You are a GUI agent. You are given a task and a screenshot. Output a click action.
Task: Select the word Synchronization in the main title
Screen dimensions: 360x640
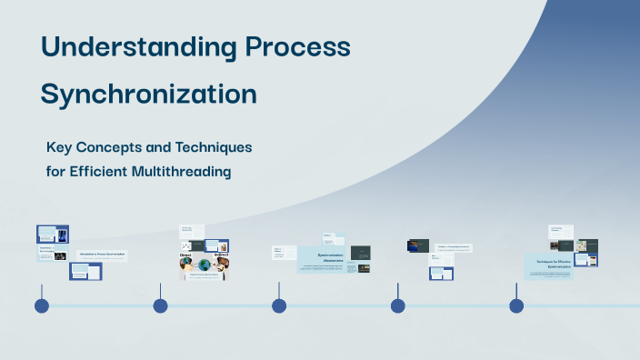(x=149, y=94)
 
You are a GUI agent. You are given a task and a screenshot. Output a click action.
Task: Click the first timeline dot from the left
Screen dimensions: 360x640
(x=41, y=305)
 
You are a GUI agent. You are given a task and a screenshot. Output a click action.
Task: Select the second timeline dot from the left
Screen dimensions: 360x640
(x=160, y=305)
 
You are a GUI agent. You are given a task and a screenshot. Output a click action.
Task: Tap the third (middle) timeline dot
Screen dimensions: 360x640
(x=279, y=305)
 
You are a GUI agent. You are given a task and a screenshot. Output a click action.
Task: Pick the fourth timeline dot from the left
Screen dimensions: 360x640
(x=397, y=305)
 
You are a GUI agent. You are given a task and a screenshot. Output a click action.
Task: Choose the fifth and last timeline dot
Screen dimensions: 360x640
(x=516, y=305)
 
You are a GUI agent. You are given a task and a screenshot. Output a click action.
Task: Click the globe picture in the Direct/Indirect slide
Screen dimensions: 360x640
(x=204, y=265)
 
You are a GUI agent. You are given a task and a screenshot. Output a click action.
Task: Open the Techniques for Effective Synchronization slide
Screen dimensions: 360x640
(x=548, y=265)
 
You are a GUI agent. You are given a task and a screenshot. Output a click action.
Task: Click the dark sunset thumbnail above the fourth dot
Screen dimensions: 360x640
(x=418, y=245)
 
